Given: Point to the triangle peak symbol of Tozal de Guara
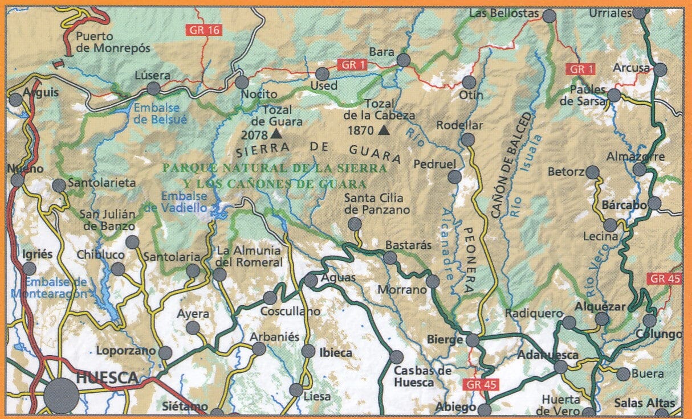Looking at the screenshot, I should pos(276,134).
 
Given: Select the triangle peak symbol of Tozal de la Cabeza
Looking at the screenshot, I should pos(384,131).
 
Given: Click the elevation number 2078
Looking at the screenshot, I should pos(254,135).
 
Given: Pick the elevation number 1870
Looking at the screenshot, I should pos(361,131).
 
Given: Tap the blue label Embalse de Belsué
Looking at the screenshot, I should pos(156,113).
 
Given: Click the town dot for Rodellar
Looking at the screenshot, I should pos(467,139).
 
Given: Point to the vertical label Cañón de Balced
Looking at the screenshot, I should pos(510,165).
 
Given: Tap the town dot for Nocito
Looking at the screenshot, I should pos(242,83).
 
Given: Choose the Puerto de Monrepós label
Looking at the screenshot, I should pos(113,43).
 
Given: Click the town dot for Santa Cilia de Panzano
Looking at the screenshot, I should pos(355,224).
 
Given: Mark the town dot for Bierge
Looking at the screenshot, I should pos(472,340).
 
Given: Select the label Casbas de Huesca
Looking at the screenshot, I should pos(422,377).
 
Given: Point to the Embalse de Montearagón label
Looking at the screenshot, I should pos(56,288).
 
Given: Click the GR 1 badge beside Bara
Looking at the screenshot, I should pos(353,64).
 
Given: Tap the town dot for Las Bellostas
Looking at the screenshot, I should pos(549,16).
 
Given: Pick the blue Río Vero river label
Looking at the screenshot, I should pos(599,273).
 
